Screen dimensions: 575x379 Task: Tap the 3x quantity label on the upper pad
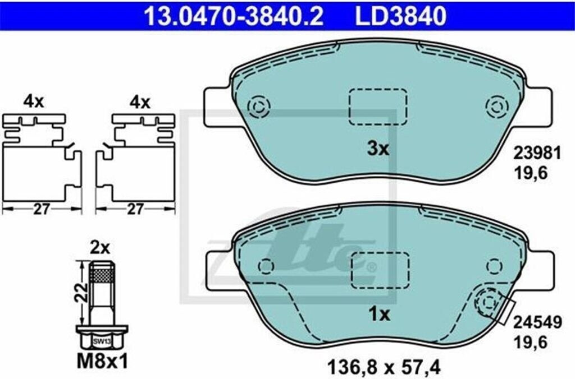(x=378, y=149)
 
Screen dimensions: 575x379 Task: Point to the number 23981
(x=537, y=154)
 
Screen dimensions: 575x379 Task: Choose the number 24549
(x=537, y=322)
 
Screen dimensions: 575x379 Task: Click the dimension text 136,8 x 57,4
(x=383, y=366)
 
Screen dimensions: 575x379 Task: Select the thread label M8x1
(x=103, y=362)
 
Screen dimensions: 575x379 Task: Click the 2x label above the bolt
(x=100, y=248)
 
